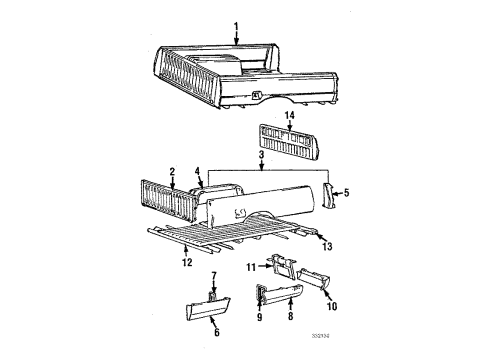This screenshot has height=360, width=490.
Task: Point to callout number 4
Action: tap(198, 171)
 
